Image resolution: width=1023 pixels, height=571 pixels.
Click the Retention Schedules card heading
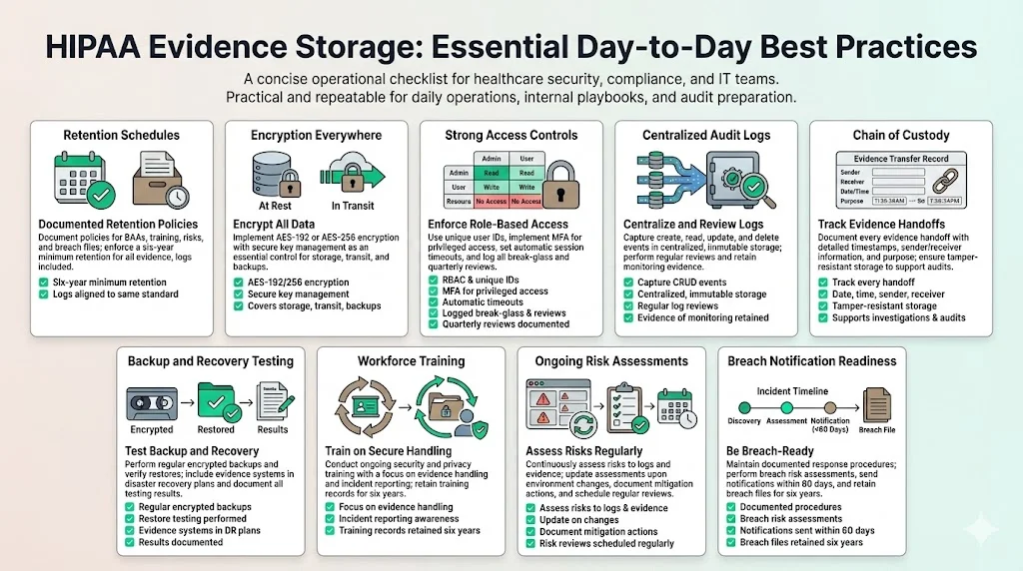121,136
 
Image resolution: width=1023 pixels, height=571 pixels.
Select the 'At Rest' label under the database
275,207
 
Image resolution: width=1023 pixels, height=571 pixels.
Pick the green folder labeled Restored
216,401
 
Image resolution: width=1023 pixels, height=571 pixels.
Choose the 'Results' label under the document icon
272,430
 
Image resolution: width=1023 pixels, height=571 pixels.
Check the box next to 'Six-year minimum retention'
43,283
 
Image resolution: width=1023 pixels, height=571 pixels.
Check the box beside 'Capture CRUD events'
628,283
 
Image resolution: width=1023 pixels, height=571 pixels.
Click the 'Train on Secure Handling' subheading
389,451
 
